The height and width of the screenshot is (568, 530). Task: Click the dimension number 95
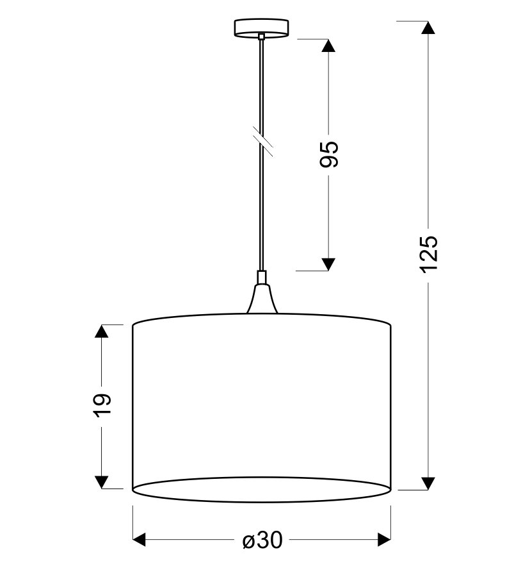[329, 154]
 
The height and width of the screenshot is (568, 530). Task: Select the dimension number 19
[102, 405]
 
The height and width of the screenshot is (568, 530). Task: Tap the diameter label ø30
[262, 540]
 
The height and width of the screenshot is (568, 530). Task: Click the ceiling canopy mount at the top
[261, 29]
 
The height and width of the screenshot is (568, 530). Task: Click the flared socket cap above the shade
[262, 299]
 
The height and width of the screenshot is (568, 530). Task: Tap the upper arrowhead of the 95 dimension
[328, 46]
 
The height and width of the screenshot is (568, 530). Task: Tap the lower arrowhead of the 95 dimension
[328, 264]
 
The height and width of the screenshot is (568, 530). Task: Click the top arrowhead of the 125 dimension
[428, 28]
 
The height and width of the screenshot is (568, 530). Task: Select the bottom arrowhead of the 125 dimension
[428, 483]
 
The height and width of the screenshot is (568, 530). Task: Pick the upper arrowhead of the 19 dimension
[101, 331]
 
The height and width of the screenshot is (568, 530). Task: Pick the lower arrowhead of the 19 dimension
[101, 482]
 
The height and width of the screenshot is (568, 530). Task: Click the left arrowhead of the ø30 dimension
[140, 540]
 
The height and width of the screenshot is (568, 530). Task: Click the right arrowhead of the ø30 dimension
[384, 540]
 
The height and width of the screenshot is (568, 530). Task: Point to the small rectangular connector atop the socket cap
[262, 277]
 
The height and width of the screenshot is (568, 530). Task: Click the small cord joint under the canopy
[261, 37]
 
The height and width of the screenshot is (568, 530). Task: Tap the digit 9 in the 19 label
[102, 399]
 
